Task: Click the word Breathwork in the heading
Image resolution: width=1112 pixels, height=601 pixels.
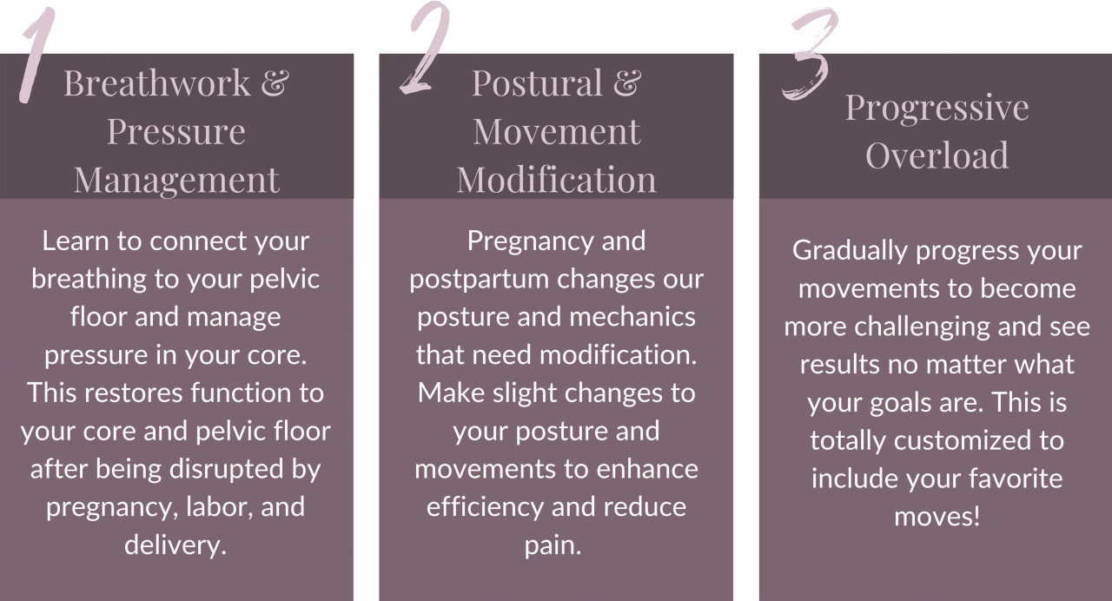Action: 157,83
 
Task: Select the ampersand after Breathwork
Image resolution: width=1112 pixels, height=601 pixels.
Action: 275,83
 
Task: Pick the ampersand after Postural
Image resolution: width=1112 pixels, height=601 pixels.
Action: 627,83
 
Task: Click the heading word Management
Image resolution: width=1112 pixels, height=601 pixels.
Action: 176,181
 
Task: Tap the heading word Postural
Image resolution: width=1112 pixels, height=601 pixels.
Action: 537,83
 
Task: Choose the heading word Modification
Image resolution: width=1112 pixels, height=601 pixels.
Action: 557,180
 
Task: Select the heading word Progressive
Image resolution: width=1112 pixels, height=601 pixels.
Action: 937,109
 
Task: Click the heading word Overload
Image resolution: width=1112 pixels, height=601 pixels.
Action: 937,155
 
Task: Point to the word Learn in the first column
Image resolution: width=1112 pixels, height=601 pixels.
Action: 75,241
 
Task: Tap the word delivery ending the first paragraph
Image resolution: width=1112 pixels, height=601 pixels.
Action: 175,545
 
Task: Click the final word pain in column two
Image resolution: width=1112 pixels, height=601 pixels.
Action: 553,546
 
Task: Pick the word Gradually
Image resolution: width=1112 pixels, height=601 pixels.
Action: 850,251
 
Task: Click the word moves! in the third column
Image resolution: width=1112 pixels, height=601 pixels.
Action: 937,517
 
